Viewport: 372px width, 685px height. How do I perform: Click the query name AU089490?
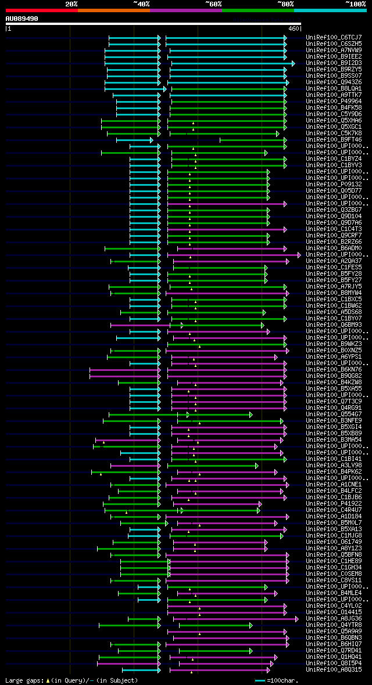(x=22, y=19)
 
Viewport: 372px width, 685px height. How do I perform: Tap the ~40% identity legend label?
(x=141, y=4)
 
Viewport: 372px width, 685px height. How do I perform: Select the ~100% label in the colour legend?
(x=355, y=4)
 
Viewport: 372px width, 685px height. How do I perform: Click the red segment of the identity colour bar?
(x=41, y=10)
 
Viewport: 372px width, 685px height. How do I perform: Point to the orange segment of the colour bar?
(x=113, y=10)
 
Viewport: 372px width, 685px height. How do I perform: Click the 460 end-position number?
(x=294, y=28)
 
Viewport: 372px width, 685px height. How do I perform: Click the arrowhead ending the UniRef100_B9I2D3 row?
(x=293, y=63)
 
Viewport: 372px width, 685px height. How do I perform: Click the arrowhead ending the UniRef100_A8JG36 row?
(x=297, y=618)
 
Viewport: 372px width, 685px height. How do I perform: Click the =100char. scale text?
(x=282, y=680)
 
